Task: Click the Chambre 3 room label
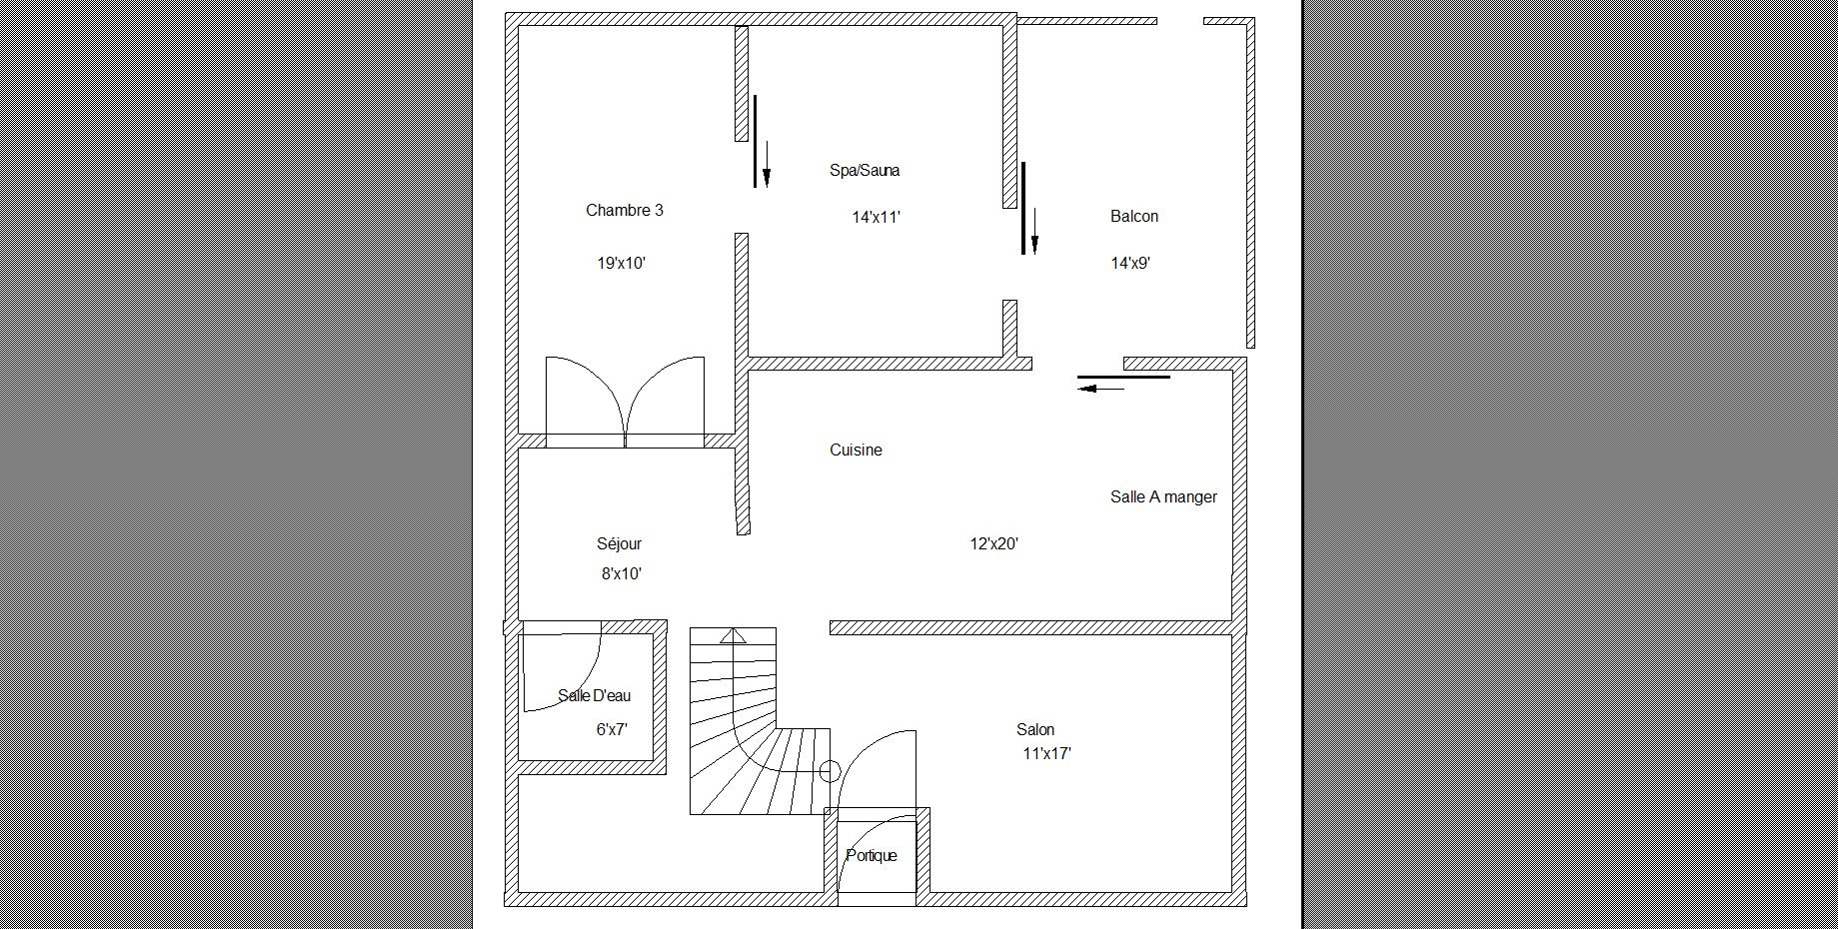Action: click(624, 210)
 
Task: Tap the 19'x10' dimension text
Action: click(622, 264)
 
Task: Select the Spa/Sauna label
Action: click(865, 170)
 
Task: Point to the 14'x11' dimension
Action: click(877, 217)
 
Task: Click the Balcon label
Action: click(1134, 216)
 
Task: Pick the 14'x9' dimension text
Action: click(1130, 264)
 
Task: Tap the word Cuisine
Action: click(856, 450)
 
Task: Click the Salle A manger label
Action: click(1163, 496)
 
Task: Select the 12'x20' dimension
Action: click(993, 544)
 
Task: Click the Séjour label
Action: click(620, 543)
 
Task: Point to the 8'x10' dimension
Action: click(622, 574)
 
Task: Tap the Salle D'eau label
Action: click(595, 695)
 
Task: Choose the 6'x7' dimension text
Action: click(612, 729)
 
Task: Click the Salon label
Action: click(1035, 729)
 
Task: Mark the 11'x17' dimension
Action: click(1047, 754)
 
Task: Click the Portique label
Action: click(872, 855)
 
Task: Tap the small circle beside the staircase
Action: click(829, 771)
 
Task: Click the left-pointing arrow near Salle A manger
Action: click(1101, 389)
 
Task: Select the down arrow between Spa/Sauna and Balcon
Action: click(1034, 231)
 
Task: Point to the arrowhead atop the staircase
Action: click(734, 634)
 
